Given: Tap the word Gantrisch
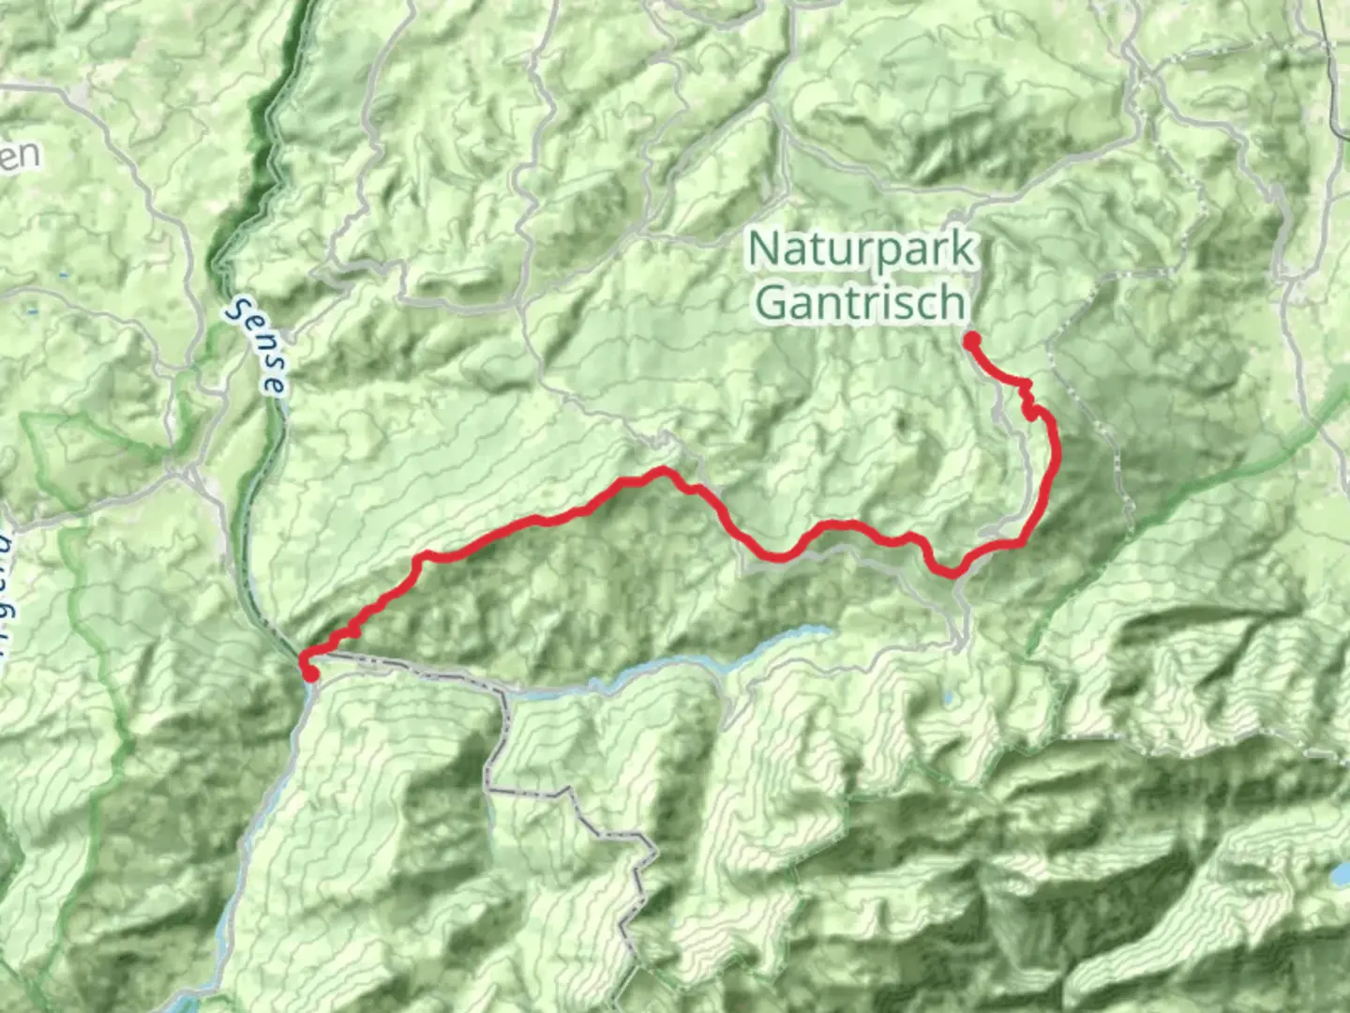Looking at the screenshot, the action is (861, 302).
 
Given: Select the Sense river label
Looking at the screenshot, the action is (258, 345).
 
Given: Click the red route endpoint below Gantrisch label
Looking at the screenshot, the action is (972, 340).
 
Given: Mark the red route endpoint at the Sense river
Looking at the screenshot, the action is (309, 673).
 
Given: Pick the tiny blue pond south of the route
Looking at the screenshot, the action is (949, 698).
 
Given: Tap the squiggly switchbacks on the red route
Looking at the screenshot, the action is (1028, 403).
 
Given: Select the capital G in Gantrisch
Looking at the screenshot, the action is (771, 302).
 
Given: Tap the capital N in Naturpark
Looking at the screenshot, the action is (764, 248).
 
